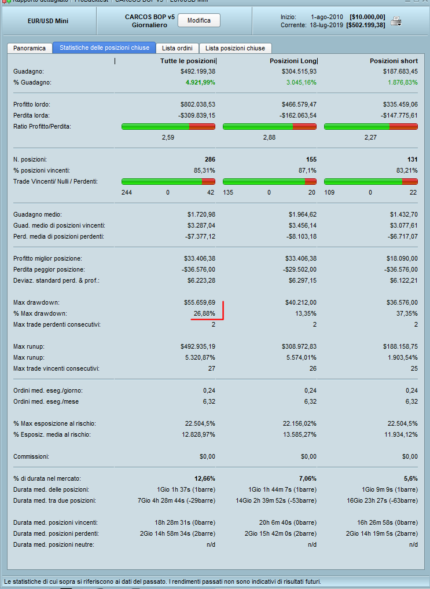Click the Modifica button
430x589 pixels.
pos(199,21)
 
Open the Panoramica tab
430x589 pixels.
pos(30,48)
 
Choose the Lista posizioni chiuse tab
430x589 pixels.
pos(236,48)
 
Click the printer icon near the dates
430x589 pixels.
pos(396,21)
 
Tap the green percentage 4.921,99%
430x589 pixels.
pos(200,82)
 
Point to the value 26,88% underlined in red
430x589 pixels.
pos(204,313)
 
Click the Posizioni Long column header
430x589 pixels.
pos(293,61)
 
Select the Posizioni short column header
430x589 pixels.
pos(394,61)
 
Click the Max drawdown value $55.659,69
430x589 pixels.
pos(198,302)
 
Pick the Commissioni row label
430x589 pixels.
pos(31,456)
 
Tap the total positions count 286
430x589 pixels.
pos(210,159)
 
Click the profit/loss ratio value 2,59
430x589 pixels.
pos(168,138)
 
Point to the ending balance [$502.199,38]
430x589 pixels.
pos(365,25)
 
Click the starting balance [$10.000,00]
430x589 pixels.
pos(367,17)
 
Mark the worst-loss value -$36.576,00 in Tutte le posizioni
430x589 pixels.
pos(196,269)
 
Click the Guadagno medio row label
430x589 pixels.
pos(37,214)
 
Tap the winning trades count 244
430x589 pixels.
pos(127,192)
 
